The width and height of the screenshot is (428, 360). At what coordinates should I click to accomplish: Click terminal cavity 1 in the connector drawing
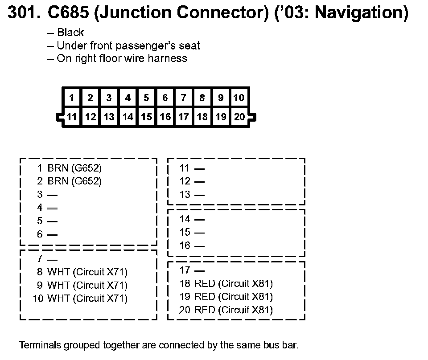[x=72, y=98]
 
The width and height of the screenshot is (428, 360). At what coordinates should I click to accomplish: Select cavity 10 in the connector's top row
[x=239, y=98]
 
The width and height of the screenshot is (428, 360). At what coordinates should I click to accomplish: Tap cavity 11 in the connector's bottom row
[x=72, y=117]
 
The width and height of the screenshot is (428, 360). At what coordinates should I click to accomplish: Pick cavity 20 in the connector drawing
[x=239, y=117]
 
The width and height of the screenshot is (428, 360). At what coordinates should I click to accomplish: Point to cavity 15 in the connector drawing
[x=146, y=117]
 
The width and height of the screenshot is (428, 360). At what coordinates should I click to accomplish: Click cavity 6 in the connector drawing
[x=165, y=98]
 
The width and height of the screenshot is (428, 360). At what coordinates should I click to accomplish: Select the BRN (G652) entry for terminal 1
[x=74, y=168]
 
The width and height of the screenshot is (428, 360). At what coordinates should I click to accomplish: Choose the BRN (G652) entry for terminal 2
[x=74, y=181]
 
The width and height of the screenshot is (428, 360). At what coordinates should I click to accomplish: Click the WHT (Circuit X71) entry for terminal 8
[x=87, y=272]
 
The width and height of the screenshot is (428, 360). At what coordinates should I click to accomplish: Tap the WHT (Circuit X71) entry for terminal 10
[x=87, y=298]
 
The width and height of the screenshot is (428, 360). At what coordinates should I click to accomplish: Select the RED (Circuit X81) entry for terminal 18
[x=234, y=283]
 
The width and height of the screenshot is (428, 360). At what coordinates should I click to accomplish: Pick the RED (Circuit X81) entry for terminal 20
[x=234, y=310]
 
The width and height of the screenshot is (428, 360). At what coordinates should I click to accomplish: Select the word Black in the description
[x=70, y=33]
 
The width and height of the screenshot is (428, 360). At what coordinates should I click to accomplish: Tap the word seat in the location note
[x=190, y=45]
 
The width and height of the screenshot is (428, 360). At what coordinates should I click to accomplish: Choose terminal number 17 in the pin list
[x=185, y=270]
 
